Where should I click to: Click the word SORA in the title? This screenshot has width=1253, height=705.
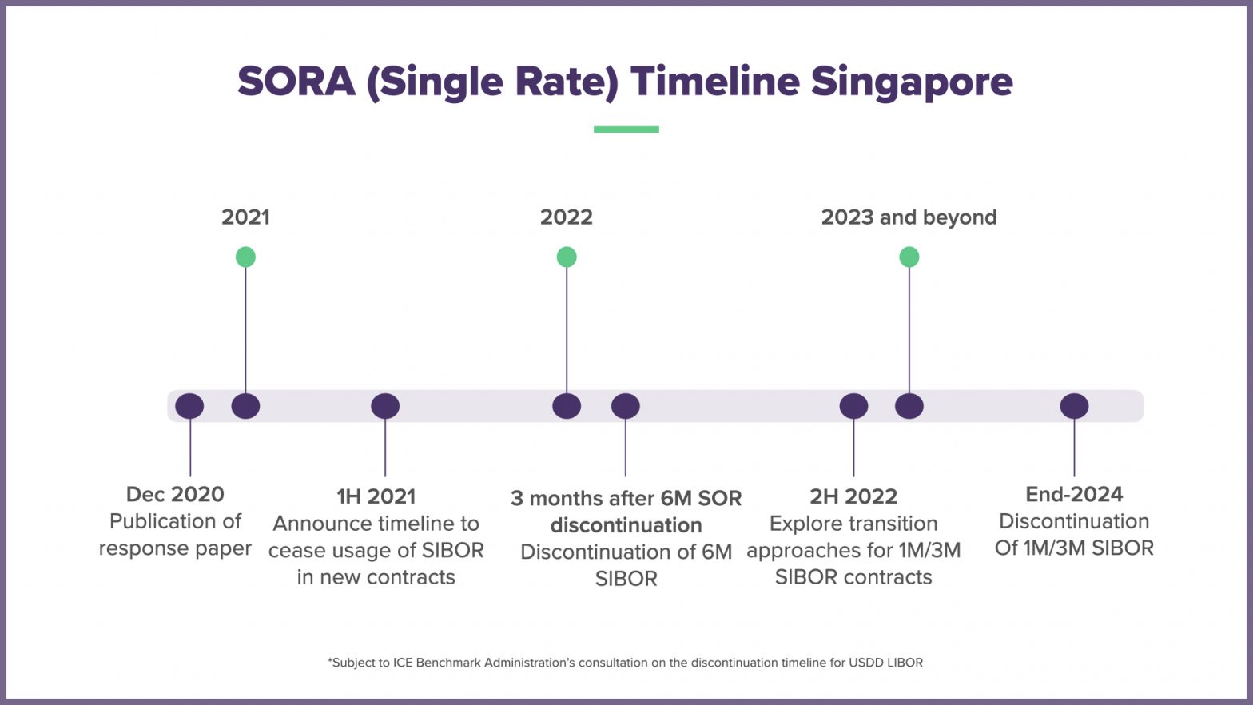coord(296,82)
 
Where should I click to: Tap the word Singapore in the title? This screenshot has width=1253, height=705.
coord(912,82)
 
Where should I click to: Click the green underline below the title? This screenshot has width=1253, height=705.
coord(626,129)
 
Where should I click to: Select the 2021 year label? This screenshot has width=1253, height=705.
coord(245,217)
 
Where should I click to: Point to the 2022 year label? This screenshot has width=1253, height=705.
coord(566,217)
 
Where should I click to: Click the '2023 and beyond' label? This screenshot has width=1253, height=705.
coord(909,217)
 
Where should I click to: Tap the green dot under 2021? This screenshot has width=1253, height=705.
coord(245,257)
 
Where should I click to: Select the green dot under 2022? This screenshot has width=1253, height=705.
coord(567,257)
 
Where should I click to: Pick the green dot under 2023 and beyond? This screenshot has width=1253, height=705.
coord(909,257)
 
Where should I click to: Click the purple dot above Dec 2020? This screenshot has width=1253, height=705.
coord(189,406)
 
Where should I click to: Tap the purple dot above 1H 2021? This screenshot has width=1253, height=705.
coord(385,406)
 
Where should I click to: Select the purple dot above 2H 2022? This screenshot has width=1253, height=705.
coord(853,406)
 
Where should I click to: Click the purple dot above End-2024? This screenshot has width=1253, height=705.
coord(1074,406)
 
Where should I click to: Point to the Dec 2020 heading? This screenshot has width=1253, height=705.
coord(175,494)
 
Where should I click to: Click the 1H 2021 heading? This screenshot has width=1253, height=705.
coord(376,496)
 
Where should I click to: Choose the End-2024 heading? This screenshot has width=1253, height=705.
coord(1074,494)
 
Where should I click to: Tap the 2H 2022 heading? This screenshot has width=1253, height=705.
coord(853,496)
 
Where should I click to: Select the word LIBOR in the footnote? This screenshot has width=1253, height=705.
coord(901,663)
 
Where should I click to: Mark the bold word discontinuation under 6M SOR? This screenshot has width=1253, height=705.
coord(626,525)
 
